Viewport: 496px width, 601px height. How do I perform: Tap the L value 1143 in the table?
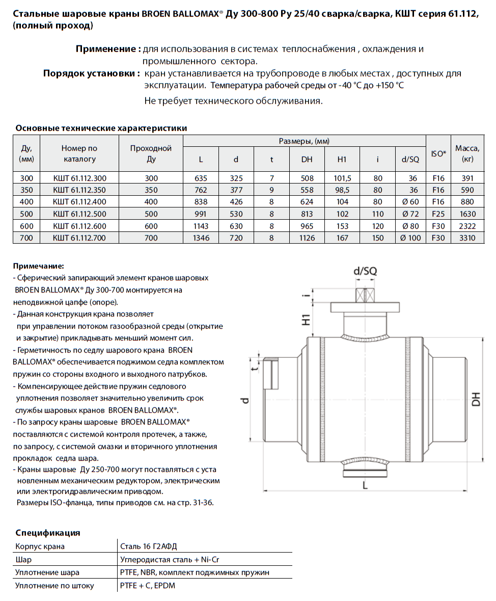pos(201,226)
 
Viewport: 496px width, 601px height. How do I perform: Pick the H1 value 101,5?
pos(342,178)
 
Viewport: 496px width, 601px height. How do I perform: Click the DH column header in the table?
pos(307,160)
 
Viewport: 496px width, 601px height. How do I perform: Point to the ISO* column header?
pos(438,153)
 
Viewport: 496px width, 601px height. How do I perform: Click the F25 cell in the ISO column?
pos(438,214)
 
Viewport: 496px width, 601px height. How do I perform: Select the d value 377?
pos(236,190)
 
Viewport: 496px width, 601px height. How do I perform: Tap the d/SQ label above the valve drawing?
pos(365,272)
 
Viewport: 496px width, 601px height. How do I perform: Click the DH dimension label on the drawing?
pos(476,399)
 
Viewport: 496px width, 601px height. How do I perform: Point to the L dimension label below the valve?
pos(365,486)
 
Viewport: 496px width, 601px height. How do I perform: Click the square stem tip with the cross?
pos(366,296)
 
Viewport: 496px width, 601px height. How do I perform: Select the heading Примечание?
pos(39,266)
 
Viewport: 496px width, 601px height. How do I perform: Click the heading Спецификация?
pos(48,533)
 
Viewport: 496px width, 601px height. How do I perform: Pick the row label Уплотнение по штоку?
pos(54,586)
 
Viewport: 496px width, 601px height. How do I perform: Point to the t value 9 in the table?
pos(271,190)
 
